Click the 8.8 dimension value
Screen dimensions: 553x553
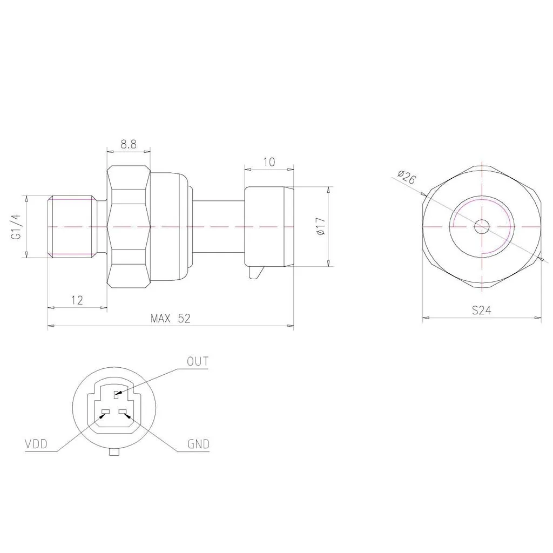point(128,144)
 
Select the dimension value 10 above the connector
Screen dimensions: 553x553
point(269,162)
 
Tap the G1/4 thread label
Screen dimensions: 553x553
point(16,227)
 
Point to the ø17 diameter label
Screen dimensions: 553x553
point(320,226)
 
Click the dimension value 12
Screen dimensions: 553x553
point(77,300)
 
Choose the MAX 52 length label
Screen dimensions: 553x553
point(170,319)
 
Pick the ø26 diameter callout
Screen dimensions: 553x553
point(406,177)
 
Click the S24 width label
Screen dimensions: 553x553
point(481,311)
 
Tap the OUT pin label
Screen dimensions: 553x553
point(197,361)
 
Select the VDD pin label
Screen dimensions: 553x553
point(36,444)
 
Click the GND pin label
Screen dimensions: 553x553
point(198,444)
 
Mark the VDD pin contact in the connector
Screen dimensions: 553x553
point(105,413)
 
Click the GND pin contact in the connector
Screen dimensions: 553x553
point(124,413)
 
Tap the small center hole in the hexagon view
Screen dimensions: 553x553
point(481,226)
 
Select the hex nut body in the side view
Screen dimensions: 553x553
point(129,226)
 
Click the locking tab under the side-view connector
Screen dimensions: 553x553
point(255,273)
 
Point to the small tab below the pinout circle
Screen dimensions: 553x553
point(114,451)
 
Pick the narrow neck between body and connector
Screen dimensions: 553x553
point(218,226)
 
